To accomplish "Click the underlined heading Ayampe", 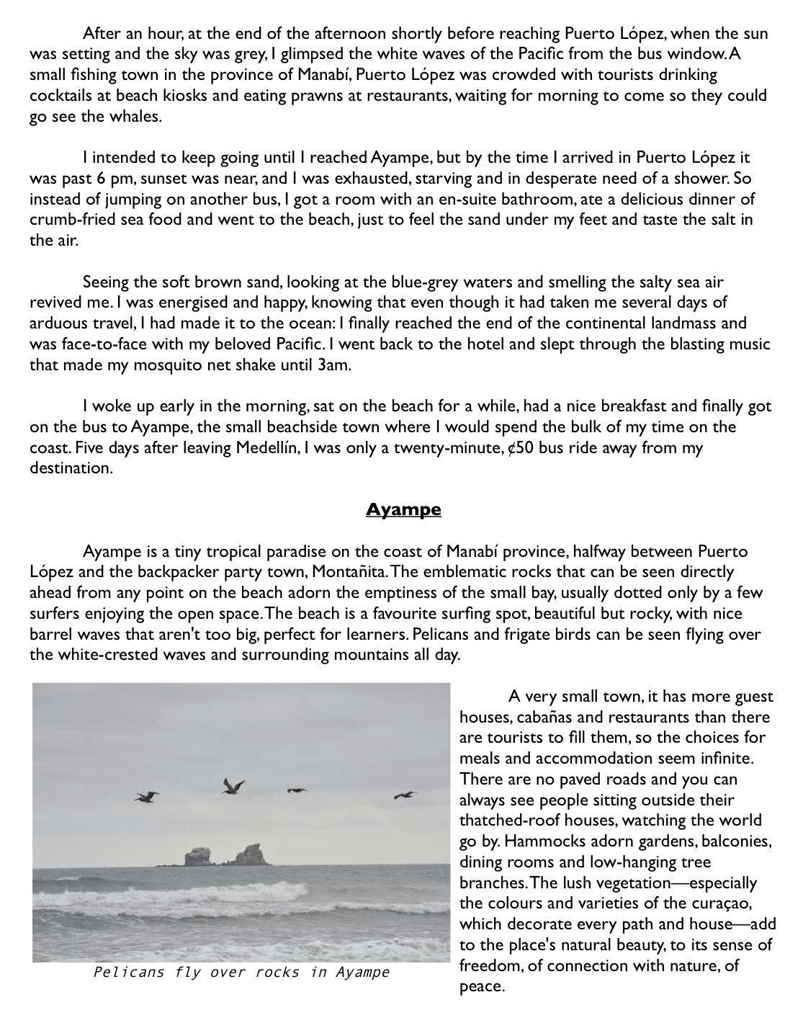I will pyautogui.click(x=403, y=510).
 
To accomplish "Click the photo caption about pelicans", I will pyautogui.click(x=241, y=973).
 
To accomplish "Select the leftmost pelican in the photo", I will pyautogui.click(x=146, y=796).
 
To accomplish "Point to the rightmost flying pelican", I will pyautogui.click(x=406, y=795).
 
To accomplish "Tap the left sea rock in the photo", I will pyautogui.click(x=197, y=857).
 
